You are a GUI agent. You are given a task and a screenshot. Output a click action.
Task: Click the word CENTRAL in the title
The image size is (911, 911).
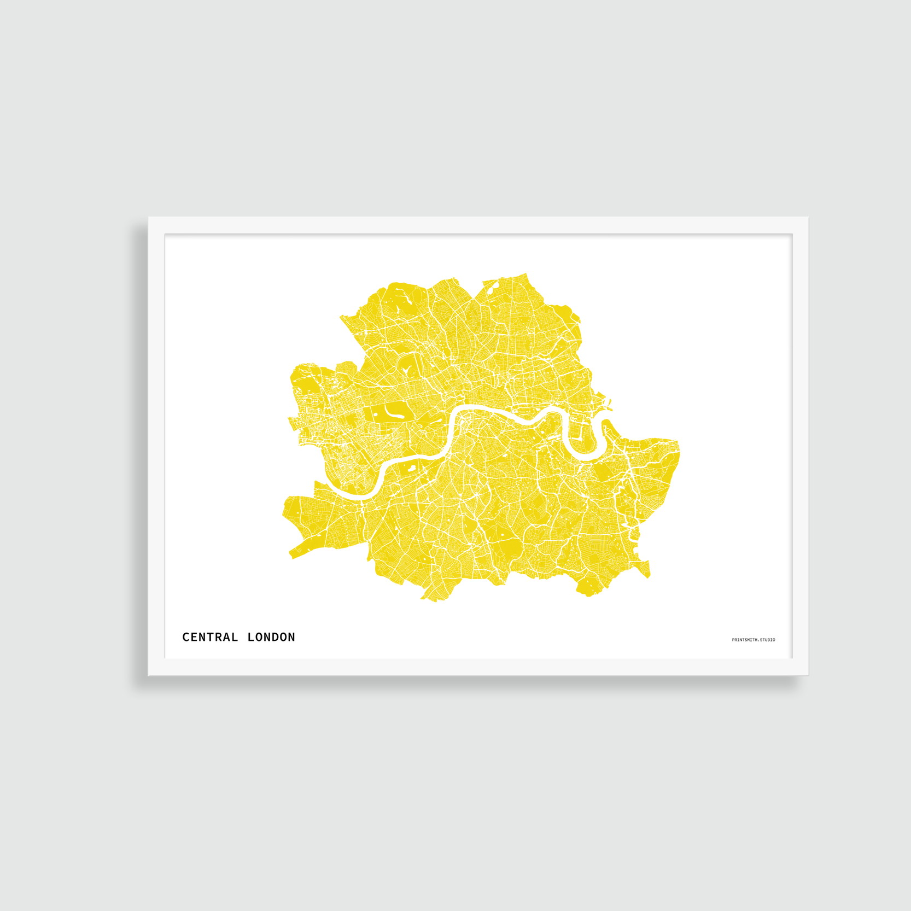210,637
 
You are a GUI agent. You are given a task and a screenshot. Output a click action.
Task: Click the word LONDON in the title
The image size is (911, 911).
271,637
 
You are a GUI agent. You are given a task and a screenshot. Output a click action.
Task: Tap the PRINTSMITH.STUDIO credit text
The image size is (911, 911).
753,640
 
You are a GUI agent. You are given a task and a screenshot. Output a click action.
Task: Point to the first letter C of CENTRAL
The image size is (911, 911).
186,637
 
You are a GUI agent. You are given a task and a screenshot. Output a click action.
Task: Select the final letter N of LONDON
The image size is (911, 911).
291,637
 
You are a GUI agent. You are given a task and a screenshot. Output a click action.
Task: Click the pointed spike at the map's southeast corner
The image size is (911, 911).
647,571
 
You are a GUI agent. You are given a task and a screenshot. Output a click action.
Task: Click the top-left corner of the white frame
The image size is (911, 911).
149,218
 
